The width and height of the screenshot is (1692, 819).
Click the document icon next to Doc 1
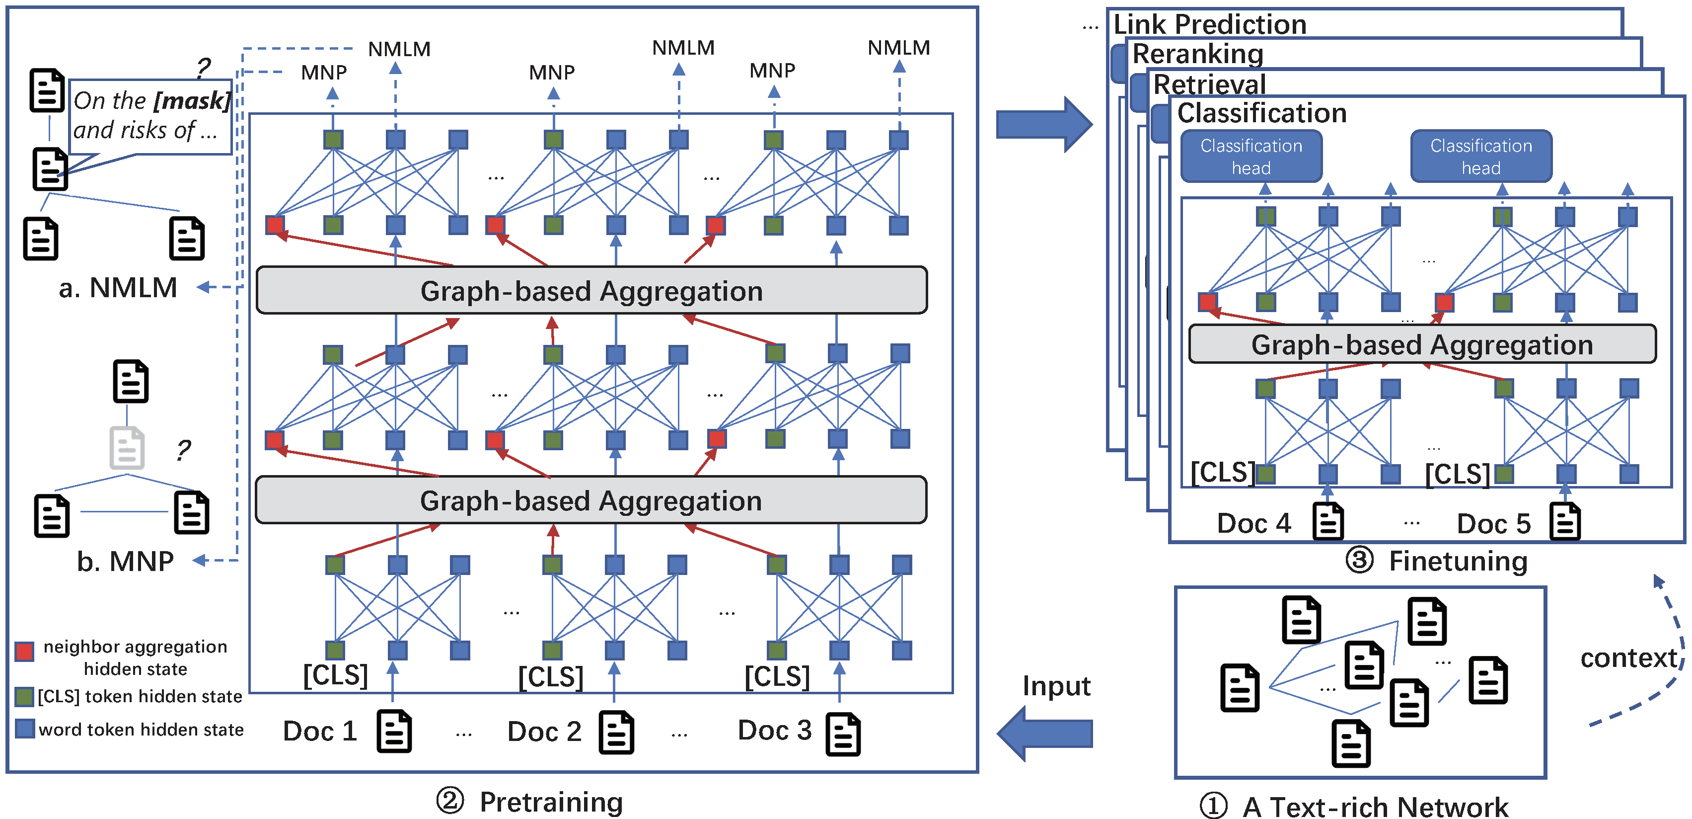(x=394, y=732)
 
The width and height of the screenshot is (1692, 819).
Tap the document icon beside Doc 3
(x=843, y=734)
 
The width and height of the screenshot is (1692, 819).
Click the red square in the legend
(x=24, y=652)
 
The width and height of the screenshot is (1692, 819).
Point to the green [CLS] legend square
(x=24, y=697)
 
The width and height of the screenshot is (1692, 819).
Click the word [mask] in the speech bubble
(x=192, y=100)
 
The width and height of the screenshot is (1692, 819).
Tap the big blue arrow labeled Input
(x=1044, y=733)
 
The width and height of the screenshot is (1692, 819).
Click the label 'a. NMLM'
(x=118, y=288)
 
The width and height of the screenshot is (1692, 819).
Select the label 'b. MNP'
(x=125, y=562)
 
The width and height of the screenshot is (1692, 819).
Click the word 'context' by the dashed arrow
(x=1629, y=658)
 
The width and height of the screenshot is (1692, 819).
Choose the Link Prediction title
(x=1210, y=24)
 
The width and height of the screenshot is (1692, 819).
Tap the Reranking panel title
(x=1198, y=54)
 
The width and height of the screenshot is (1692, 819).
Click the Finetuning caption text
(x=1458, y=562)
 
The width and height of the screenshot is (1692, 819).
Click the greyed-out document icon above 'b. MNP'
(x=127, y=448)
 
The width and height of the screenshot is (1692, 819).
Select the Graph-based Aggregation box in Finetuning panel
(x=1422, y=344)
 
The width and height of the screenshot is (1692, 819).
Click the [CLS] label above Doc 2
(x=550, y=677)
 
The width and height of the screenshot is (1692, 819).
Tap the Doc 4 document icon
(x=1328, y=522)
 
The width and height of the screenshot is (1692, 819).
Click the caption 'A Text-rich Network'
(x=1376, y=806)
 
